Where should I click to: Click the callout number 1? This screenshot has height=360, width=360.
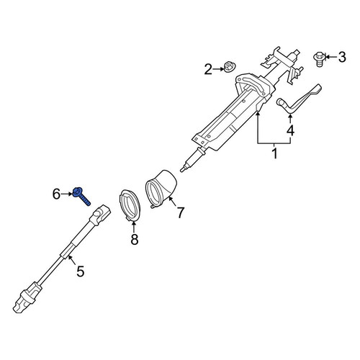[x=275, y=153]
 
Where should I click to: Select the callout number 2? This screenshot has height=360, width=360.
[x=208, y=69]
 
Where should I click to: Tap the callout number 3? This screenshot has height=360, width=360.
[x=342, y=57]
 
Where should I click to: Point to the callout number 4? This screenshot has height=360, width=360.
[x=290, y=131]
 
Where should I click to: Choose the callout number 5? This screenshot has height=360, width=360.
[x=81, y=271]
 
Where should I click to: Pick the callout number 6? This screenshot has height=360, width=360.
[x=56, y=194]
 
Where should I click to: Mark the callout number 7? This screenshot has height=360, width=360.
[x=180, y=212]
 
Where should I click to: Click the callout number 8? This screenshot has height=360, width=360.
[x=135, y=239]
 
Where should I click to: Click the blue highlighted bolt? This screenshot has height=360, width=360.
[x=81, y=197]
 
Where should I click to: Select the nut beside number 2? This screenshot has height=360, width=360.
[x=230, y=67]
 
